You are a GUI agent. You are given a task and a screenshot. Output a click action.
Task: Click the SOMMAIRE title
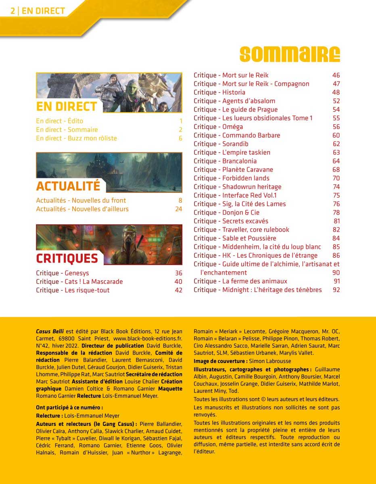[x=289, y=54]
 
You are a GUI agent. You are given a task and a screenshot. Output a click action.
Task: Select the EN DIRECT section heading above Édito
[x=67, y=106]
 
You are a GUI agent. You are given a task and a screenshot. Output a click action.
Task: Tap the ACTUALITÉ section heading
[x=68, y=186]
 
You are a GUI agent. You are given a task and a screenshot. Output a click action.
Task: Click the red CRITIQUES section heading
[x=67, y=259]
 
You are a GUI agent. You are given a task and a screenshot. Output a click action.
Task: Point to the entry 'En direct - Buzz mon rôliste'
[x=76, y=138]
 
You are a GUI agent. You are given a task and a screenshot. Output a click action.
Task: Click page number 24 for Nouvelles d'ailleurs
[x=178, y=209]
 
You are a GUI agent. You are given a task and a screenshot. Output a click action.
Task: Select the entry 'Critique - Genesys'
[x=62, y=273]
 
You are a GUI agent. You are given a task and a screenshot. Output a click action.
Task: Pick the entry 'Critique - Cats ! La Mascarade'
[x=79, y=282]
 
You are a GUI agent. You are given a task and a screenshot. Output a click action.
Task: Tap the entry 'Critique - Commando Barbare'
[x=236, y=136]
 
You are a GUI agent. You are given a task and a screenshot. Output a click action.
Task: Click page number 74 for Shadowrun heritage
[x=336, y=187]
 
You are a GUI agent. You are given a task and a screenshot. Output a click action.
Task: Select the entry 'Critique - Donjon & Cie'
[x=226, y=213]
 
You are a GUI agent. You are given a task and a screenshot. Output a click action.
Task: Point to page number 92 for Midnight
[x=336, y=290]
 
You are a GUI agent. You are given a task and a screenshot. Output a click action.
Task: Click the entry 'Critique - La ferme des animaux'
[x=240, y=281]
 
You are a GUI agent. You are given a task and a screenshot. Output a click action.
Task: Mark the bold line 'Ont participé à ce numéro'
[x=69, y=407]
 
